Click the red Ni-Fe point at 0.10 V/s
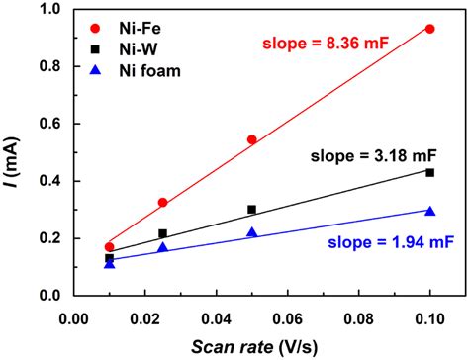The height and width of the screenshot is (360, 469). coord(429,29)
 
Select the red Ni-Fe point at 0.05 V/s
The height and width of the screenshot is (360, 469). coord(251,139)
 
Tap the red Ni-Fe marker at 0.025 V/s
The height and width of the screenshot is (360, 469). coord(162,202)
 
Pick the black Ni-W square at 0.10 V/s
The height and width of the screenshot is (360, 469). coord(429,172)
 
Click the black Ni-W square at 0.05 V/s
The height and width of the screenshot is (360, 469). coord(251,210)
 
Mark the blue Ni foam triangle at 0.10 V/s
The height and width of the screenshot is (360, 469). coord(429,211)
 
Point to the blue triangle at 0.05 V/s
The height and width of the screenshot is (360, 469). coord(251,232)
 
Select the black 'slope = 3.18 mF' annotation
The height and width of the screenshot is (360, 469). coord(373,155)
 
